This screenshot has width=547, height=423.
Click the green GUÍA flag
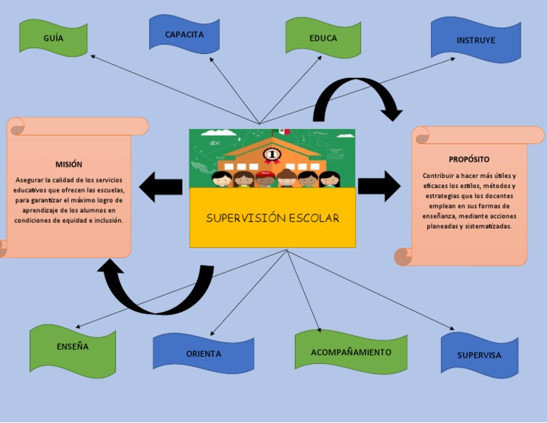(x=53, y=38)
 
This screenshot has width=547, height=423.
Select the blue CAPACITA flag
(x=184, y=34)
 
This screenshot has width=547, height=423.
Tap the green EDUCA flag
(x=323, y=38)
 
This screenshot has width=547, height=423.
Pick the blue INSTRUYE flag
(x=475, y=40)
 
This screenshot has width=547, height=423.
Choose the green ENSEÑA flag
(x=73, y=347)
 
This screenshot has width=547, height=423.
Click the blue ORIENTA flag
(x=204, y=353)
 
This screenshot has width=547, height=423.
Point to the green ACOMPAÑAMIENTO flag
(x=350, y=352)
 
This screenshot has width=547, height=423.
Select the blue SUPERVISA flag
(x=479, y=355)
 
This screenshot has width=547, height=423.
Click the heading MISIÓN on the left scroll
(x=69, y=164)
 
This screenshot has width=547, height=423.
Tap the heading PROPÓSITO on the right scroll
(x=469, y=159)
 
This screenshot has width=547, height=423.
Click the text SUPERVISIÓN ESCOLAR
(x=272, y=218)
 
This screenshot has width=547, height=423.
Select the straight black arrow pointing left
(x=161, y=187)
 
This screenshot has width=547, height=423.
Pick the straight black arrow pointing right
(x=379, y=186)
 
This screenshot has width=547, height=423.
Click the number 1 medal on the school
(x=271, y=154)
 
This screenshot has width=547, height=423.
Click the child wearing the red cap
(x=265, y=177)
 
